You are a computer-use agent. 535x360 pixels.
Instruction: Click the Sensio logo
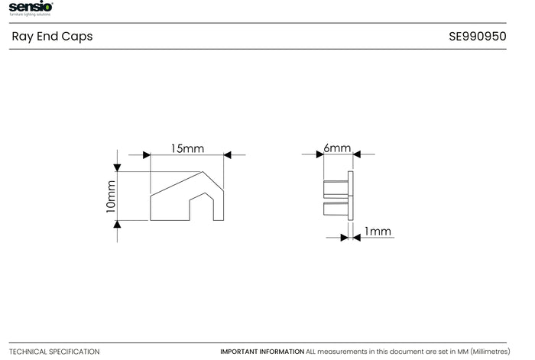pyautogui.click(x=31, y=8)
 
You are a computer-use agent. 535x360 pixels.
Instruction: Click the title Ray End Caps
pyautogui.click(x=52, y=37)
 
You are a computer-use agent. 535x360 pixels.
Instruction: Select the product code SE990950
pyautogui.click(x=478, y=37)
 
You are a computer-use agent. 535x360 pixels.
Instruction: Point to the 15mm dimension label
pyautogui.click(x=188, y=149)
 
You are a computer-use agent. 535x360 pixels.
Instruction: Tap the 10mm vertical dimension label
pyautogui.click(x=111, y=196)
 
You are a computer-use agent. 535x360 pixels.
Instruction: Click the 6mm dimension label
pyautogui.click(x=337, y=148)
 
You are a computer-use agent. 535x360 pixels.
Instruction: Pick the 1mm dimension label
pyautogui.click(x=378, y=232)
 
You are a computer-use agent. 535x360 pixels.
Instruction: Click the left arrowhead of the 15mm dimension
pyautogui.click(x=147, y=155)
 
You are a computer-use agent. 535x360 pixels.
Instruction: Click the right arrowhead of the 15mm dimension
pyautogui.click(x=227, y=155)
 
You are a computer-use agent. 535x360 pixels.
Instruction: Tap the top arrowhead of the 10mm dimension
pyautogui.click(x=117, y=167)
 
